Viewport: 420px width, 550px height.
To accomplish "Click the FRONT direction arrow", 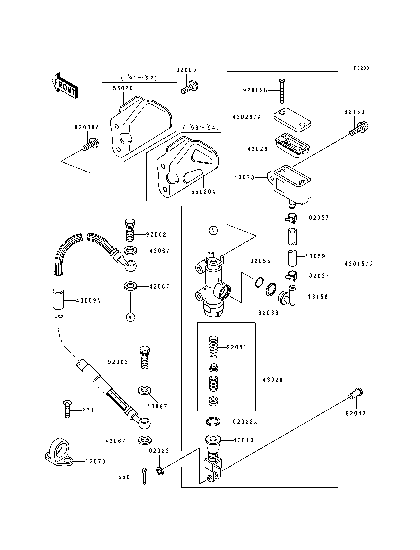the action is coord(65,86).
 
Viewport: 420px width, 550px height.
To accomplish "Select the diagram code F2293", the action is coord(362,68).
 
